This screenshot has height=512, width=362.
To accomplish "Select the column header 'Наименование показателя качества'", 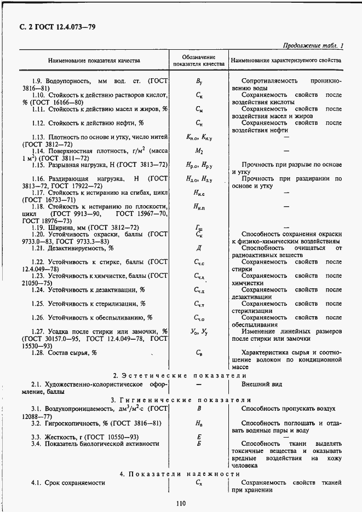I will tap(94, 61).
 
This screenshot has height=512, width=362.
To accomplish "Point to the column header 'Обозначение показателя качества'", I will tap(199, 61).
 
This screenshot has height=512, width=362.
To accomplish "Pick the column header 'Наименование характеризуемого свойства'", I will tap(286, 61).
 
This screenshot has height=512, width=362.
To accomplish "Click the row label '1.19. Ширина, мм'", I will tap(85, 227).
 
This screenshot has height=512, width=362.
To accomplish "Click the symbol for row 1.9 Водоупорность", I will tap(199, 81).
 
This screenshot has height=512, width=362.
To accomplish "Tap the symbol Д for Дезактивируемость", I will tap(199, 248).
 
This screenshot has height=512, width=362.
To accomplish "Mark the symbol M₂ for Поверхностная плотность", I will tap(199, 150).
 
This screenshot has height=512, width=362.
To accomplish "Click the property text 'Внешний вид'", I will tap(262, 385).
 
